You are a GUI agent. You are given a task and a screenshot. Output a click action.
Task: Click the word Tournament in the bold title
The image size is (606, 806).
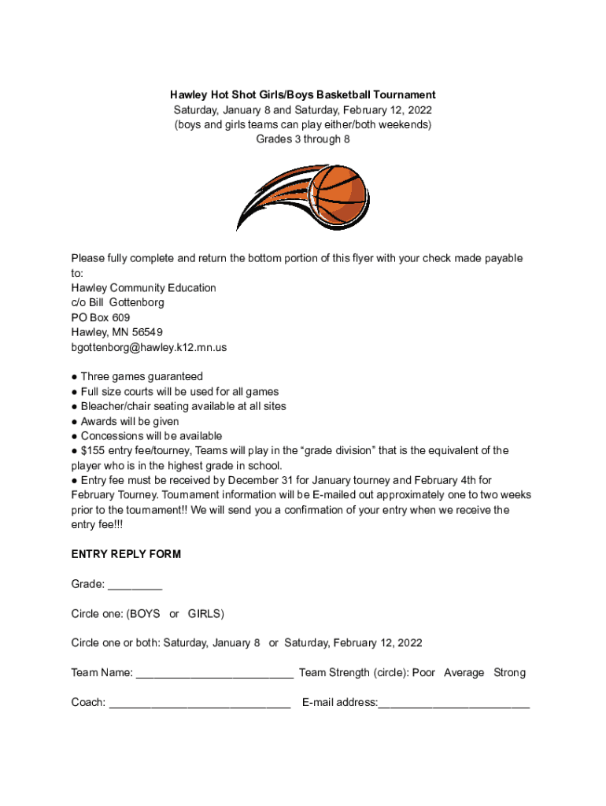point(401,95)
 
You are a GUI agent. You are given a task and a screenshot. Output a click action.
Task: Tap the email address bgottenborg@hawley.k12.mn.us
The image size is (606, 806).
point(149,347)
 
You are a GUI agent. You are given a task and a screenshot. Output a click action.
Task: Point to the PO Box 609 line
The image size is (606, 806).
point(101,317)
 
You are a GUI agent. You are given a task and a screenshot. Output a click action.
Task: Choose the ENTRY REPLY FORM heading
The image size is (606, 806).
point(126,554)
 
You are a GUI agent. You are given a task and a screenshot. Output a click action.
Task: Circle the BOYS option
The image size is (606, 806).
point(145,613)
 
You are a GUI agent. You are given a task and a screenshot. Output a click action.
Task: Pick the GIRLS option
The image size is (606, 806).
point(205,613)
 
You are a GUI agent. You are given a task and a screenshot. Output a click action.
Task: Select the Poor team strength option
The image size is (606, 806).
point(423,673)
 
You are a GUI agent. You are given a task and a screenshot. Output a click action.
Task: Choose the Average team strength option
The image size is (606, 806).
point(464,673)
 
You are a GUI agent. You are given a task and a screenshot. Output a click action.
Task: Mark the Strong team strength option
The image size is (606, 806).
point(509,673)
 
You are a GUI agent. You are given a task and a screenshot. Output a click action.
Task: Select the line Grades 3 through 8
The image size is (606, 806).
point(303,139)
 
